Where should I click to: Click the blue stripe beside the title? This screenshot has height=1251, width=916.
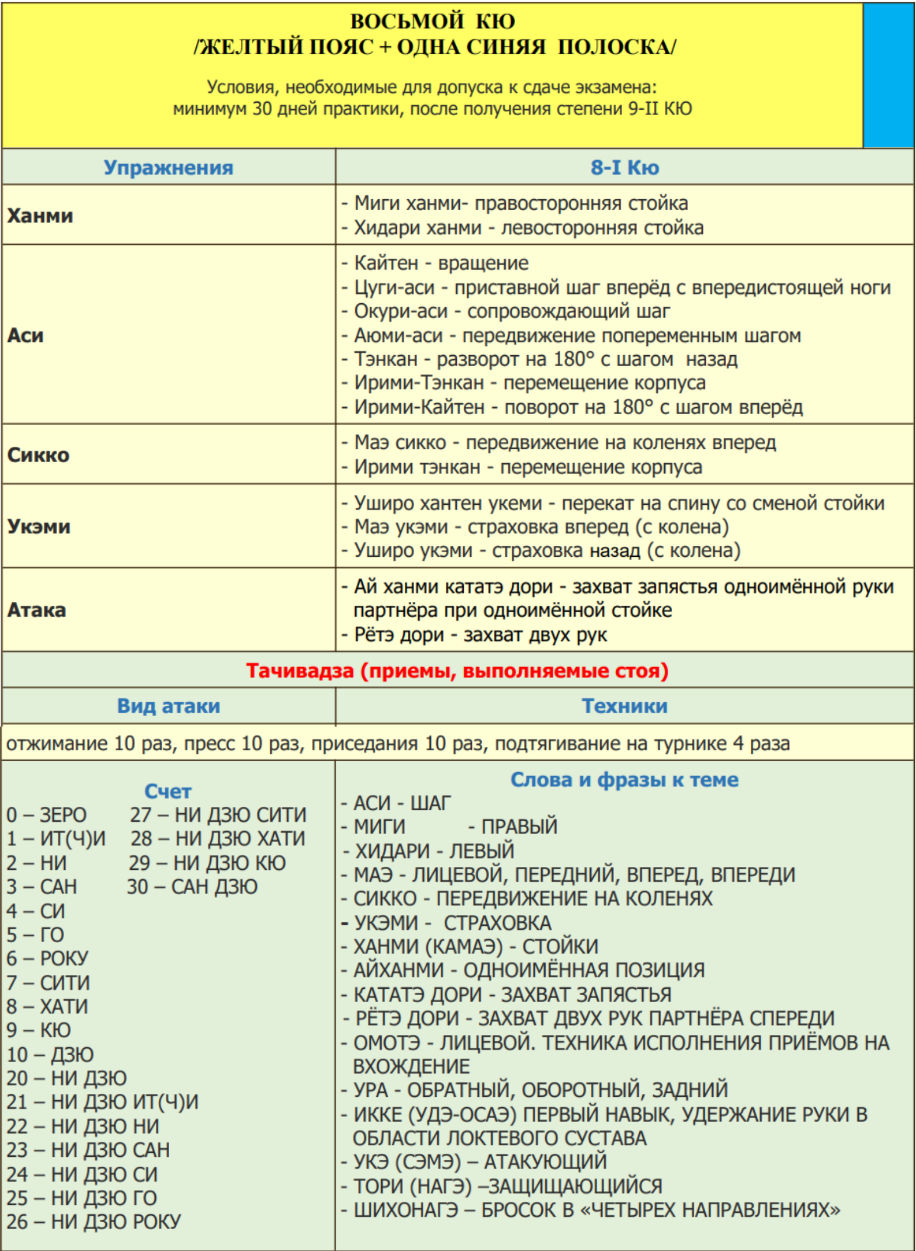888,75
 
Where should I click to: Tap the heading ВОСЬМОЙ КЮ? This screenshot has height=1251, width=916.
433,22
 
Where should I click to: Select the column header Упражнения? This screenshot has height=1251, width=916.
168,168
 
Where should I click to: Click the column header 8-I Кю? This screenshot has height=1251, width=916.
624,168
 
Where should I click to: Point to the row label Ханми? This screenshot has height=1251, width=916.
40,216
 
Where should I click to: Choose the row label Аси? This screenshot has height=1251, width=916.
25,336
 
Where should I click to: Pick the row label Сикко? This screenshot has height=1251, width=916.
38,455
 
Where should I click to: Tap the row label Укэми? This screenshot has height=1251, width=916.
39,527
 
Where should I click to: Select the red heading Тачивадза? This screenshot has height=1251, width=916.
457,671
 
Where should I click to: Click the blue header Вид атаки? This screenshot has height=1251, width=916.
168,706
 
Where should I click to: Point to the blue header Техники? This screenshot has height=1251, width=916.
624,706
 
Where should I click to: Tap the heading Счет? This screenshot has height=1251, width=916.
167,791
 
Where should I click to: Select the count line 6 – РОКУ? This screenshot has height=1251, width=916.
47,959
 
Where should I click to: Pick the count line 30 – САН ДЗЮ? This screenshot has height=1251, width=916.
192,887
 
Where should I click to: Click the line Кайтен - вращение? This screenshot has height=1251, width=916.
441,263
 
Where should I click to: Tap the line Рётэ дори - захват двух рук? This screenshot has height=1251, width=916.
479,635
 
